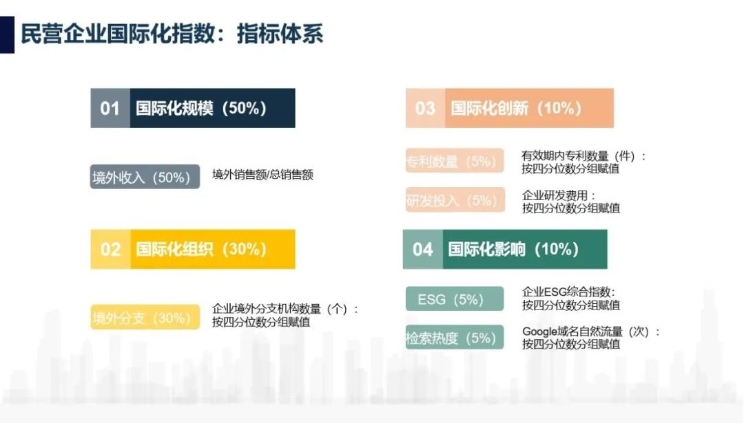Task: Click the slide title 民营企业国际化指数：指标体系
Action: click(172, 34)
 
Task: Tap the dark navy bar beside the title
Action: click(7, 34)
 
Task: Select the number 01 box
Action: click(110, 108)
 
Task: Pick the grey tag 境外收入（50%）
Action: click(145, 177)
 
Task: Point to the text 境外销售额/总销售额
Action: click(262, 175)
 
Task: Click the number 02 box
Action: click(110, 249)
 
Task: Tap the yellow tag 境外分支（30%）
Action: click(145, 317)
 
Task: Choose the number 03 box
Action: click(425, 108)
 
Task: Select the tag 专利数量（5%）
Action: click(455, 160)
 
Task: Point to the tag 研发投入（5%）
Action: click(455, 200)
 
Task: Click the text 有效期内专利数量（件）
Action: click(579, 156)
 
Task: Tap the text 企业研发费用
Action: click(555, 195)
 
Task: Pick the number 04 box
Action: click(423, 249)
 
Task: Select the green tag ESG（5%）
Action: click(455, 299)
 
